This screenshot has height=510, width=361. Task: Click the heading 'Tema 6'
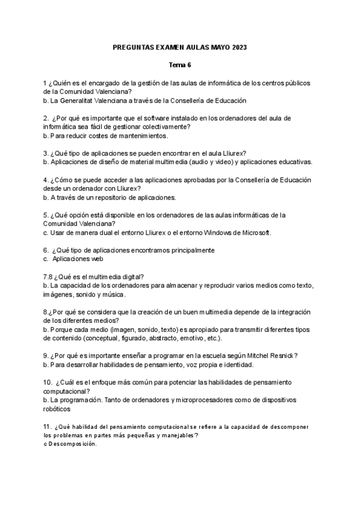point(180,64)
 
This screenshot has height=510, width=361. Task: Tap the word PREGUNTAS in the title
point(134,47)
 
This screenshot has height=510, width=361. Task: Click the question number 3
point(46,153)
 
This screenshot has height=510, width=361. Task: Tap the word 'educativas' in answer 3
point(294,162)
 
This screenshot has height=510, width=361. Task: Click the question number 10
point(48,382)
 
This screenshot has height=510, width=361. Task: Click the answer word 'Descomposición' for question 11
point(73,444)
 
